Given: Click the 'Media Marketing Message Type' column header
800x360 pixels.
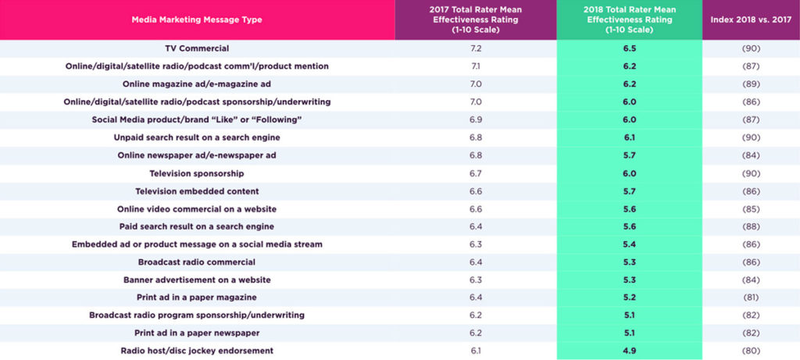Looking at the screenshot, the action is [x=197, y=20].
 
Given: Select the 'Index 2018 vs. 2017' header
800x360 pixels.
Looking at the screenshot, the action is [x=751, y=20].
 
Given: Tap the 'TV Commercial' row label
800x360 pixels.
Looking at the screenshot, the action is [x=197, y=48].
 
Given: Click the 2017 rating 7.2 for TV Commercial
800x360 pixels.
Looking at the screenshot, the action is [x=476, y=48].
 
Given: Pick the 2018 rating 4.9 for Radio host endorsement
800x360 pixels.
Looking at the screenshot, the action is [x=629, y=351].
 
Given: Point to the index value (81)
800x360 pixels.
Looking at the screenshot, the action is [x=751, y=298].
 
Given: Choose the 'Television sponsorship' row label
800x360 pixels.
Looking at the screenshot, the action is [x=197, y=173].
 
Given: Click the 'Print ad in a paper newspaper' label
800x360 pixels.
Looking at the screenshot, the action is [x=197, y=333].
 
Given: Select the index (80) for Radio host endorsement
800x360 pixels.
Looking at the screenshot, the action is [x=751, y=351].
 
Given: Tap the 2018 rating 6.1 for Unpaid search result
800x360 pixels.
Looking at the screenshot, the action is [x=629, y=137].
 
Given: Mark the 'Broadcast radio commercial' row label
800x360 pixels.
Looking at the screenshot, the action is [x=197, y=262].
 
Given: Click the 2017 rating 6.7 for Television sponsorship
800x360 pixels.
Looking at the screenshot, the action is [x=476, y=173].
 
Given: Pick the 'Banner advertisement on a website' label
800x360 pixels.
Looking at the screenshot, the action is [x=197, y=280].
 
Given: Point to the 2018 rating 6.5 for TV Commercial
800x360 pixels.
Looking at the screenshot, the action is [x=629, y=48].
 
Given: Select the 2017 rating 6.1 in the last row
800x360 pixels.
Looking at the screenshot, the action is [x=476, y=351].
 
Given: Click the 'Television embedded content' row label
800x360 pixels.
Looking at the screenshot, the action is [x=197, y=191].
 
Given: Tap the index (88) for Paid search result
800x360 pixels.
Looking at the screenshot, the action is [x=751, y=226].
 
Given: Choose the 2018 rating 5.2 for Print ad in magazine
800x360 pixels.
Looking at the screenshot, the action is [x=629, y=298].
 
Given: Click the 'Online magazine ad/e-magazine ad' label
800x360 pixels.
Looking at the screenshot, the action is [x=197, y=84].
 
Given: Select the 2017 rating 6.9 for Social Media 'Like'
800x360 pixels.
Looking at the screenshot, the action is [x=476, y=119].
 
